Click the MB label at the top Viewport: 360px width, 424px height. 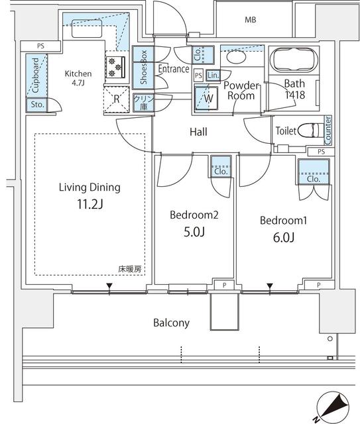point(250,20)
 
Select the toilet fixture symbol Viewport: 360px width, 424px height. point(308,130)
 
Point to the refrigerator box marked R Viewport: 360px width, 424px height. point(116,100)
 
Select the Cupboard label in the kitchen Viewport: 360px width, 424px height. point(34,74)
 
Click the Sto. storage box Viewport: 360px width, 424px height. point(34,105)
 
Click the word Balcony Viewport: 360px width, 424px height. point(171,323)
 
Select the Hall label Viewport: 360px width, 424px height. point(198,132)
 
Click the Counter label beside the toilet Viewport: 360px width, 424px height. point(328,131)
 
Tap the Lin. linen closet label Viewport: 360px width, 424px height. point(212,76)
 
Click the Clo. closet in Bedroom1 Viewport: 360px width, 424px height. point(314,178)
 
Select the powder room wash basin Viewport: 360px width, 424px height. point(234,57)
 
